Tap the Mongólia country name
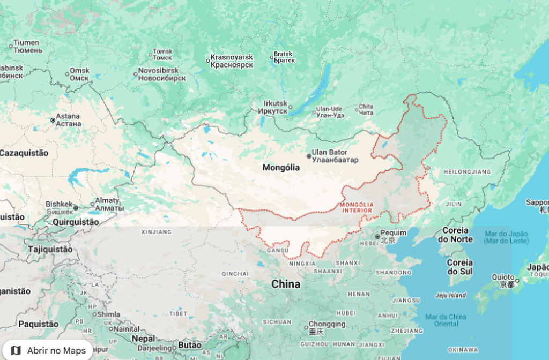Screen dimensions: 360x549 tap(281, 168)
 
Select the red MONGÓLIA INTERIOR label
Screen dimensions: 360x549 tap(357, 207)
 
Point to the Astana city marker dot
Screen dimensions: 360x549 tap(53, 120)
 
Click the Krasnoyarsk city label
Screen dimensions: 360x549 tap(232, 61)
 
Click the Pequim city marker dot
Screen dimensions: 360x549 tap(377, 236)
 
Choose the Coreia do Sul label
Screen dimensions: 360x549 tap(460, 266)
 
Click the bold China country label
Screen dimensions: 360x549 tap(286, 284)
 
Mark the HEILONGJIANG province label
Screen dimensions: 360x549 tap(467, 171)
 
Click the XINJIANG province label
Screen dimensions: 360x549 tap(157, 232)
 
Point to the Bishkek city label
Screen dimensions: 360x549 tap(59, 208)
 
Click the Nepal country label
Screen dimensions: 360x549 tap(144, 339)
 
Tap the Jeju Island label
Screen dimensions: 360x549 tap(450, 295)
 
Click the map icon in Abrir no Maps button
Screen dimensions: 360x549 tap(16, 350)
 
